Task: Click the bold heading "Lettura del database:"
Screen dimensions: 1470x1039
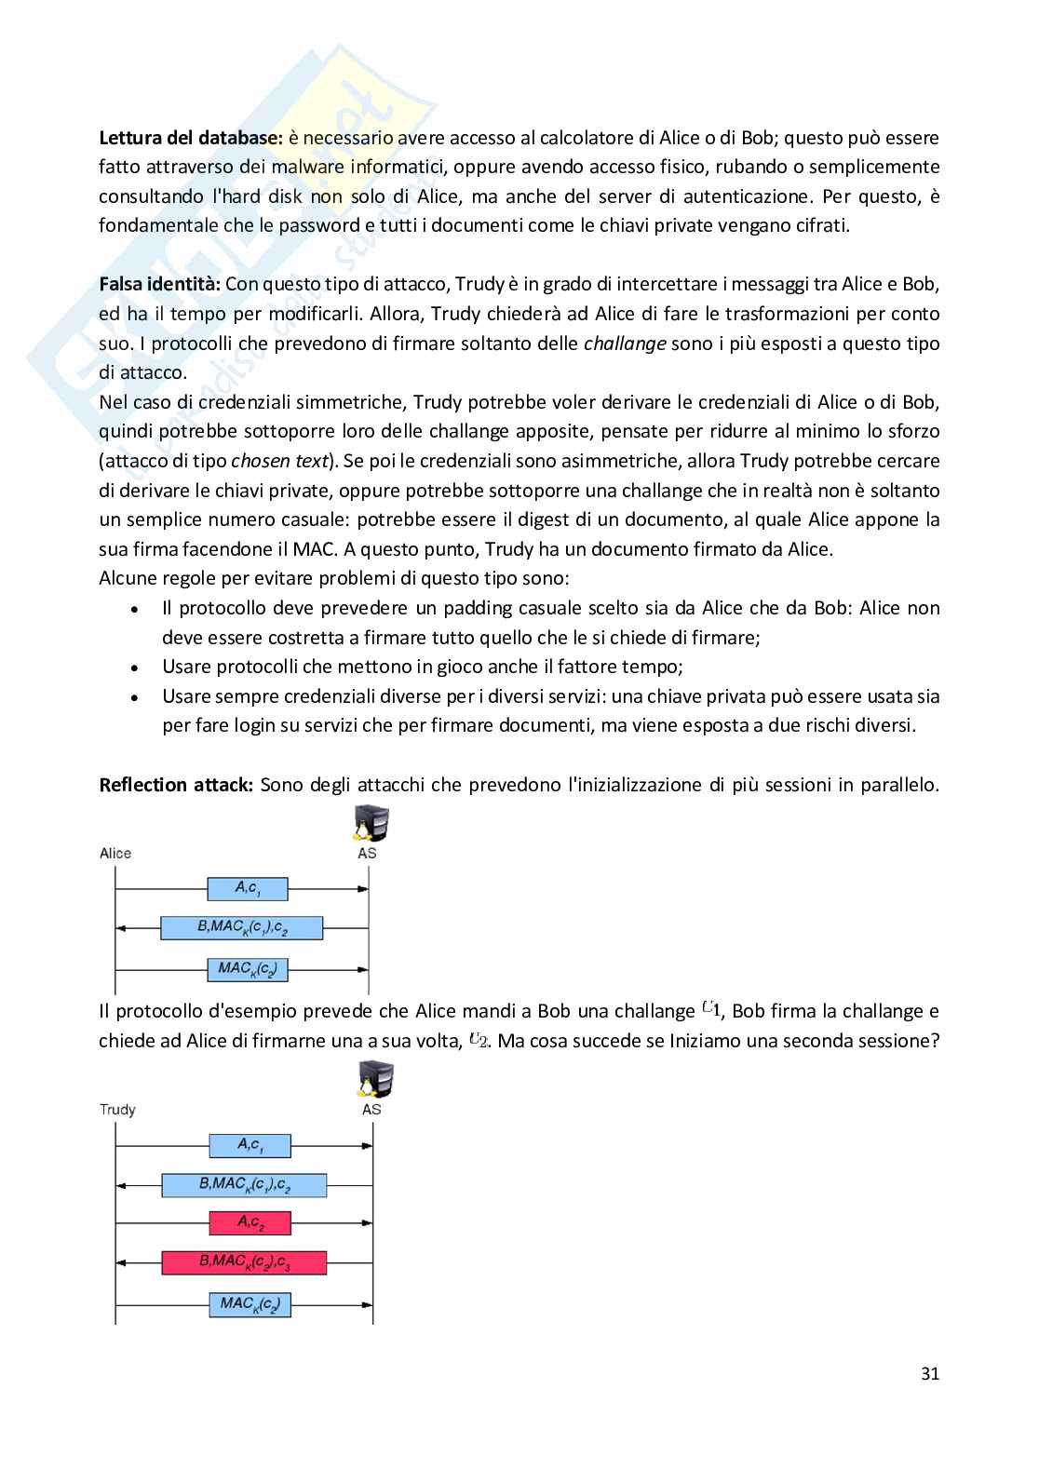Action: pyautogui.click(x=190, y=138)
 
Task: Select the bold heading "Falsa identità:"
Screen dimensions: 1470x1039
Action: pyautogui.click(x=159, y=284)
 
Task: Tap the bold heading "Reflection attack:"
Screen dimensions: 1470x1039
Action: pyautogui.click(x=176, y=785)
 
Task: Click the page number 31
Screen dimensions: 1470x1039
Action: pyautogui.click(x=929, y=1373)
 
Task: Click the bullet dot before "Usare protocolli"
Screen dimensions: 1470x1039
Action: pyautogui.click(x=136, y=668)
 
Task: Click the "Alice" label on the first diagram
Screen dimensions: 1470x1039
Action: pyautogui.click(x=115, y=854)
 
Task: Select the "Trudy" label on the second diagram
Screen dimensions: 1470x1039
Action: pyautogui.click(x=117, y=1110)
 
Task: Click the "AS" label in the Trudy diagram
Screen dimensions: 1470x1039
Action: pyautogui.click(x=371, y=1110)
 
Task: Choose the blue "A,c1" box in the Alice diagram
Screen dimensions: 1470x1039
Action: pyautogui.click(x=248, y=889)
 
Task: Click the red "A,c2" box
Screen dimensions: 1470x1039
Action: pyautogui.click(x=250, y=1222)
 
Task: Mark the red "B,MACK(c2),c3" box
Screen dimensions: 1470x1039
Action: pyautogui.click(x=244, y=1262)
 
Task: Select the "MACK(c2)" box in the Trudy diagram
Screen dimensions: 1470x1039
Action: pyautogui.click(x=250, y=1304)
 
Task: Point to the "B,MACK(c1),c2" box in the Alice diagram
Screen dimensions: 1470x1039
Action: pyautogui.click(x=241, y=928)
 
